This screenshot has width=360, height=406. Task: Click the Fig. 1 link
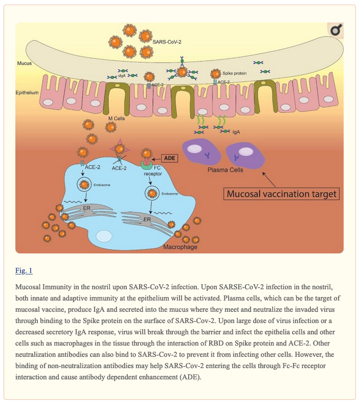pyautogui.click(x=24, y=270)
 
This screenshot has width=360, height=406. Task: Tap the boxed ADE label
pyautogui.click(x=170, y=158)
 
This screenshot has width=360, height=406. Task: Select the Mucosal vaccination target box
pyautogui.click(x=281, y=194)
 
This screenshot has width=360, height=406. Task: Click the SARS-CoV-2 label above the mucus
pyautogui.click(x=167, y=42)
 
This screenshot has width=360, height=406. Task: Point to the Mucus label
pyautogui.click(x=25, y=63)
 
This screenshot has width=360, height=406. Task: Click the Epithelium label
pyautogui.click(x=27, y=93)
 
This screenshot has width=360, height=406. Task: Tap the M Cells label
pyautogui.click(x=117, y=118)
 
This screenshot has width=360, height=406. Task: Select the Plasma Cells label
pyautogui.click(x=226, y=170)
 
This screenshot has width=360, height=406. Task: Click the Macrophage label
pyautogui.click(x=181, y=247)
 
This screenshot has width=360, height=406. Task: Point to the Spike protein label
pyautogui.click(x=234, y=73)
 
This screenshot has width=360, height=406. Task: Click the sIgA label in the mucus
pyautogui.click(x=122, y=76)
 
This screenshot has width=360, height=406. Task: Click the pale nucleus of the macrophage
pyautogui.click(x=104, y=237)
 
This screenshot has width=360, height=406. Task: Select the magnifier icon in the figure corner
pyautogui.click(x=336, y=30)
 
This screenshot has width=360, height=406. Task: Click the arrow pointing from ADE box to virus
pyautogui.click(x=156, y=159)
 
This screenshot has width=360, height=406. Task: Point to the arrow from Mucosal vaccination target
pyautogui.click(x=269, y=179)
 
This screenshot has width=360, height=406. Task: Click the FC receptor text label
pyautogui.click(x=153, y=170)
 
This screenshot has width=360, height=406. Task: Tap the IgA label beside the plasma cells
pyautogui.click(x=236, y=132)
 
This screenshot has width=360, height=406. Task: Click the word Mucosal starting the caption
pyautogui.click(x=28, y=287)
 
